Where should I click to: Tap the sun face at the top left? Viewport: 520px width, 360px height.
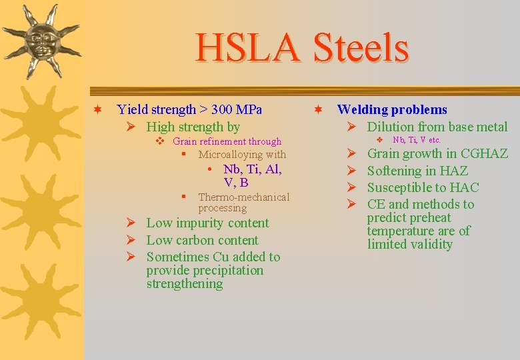tap(41, 42)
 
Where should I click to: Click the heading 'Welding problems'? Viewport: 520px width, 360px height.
tap(392, 109)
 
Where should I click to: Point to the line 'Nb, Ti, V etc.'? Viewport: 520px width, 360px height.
tap(417, 140)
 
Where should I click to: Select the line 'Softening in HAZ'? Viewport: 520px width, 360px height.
tap(417, 171)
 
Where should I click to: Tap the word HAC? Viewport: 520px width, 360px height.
tap(464, 187)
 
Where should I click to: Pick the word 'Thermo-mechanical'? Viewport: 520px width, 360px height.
tap(244, 197)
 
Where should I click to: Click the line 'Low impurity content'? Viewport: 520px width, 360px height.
tap(207, 223)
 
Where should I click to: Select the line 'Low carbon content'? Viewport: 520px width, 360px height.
tap(202, 240)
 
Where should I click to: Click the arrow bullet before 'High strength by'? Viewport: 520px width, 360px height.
tap(131, 127)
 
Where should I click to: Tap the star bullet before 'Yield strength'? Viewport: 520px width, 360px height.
tap(97, 109)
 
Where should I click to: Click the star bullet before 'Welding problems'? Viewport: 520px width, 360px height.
tap(319, 109)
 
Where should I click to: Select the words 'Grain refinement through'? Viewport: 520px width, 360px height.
tap(227, 141)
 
